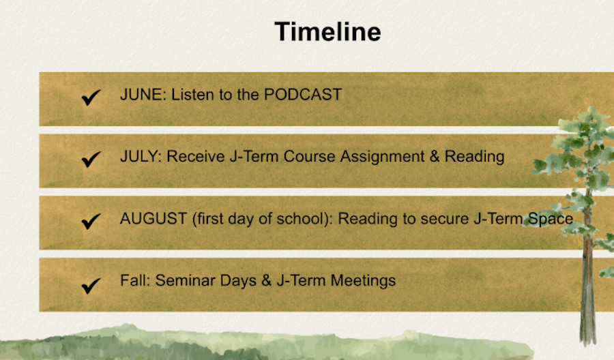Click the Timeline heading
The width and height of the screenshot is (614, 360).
pos(327,31)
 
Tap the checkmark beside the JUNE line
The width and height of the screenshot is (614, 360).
pos(91,97)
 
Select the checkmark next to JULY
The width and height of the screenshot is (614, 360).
pos(91,160)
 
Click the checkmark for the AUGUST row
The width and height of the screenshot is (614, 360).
pos(91,222)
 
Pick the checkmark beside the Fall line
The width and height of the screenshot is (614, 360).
pos(91,286)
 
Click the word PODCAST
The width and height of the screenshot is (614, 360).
pos(303,95)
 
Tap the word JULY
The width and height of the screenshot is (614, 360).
pos(140,157)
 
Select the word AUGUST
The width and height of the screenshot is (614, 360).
pos(153,218)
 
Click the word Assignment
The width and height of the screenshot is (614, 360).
pos(382,157)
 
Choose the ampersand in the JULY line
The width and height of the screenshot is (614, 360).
pos(435,157)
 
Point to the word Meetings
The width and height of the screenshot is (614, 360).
pos(363,281)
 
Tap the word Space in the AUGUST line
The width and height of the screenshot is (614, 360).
pos(551,219)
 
